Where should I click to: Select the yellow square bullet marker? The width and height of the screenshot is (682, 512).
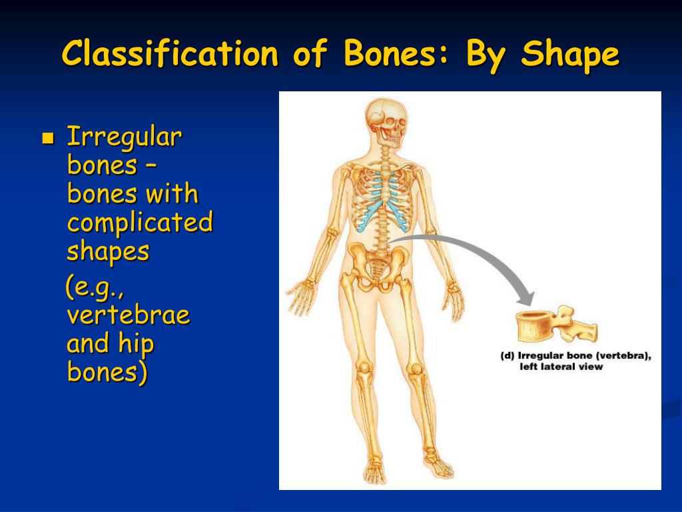click(x=47, y=139)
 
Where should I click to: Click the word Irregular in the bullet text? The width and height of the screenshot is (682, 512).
click(x=125, y=137)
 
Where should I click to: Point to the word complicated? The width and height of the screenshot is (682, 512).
click(x=140, y=223)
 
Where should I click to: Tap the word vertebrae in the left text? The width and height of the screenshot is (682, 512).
click(x=129, y=314)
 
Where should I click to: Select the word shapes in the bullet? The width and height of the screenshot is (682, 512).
click(x=108, y=252)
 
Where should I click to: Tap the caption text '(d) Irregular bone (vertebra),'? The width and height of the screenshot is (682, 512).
click(x=575, y=356)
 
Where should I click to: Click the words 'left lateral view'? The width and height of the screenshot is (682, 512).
click(x=561, y=367)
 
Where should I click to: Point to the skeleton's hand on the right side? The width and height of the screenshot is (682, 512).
click(x=455, y=299)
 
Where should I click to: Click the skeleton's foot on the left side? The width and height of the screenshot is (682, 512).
click(x=374, y=470)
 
